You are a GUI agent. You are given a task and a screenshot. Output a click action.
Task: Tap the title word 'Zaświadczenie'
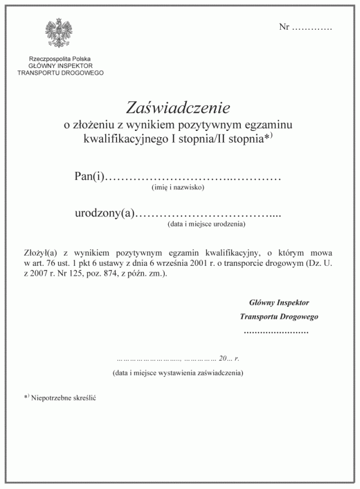[x=179, y=107]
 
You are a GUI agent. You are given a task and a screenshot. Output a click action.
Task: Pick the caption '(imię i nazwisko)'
[x=178, y=188]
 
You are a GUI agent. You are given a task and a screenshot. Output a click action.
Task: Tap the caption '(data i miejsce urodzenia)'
[x=206, y=224]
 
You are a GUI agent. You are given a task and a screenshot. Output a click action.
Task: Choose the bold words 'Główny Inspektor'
[x=278, y=302]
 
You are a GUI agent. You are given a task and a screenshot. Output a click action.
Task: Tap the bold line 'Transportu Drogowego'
[x=278, y=316]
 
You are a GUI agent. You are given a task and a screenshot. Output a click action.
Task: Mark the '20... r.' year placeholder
[x=229, y=358]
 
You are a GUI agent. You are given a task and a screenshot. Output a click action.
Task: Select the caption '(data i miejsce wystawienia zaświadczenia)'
[x=178, y=372]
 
